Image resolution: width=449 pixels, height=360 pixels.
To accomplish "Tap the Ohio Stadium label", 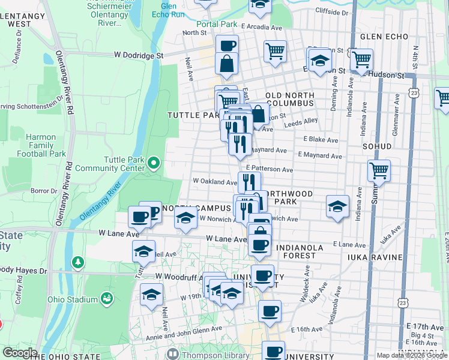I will coord(82,299).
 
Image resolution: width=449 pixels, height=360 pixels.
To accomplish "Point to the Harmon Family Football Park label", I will coord(46,145).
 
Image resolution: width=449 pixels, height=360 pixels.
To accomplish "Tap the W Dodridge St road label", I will coord(139,54).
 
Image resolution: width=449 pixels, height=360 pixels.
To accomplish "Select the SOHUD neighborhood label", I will coord(376,146).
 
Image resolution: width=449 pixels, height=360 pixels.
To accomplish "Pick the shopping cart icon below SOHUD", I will coord(379,171).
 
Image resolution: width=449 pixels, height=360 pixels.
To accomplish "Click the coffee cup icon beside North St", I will coord(227,45).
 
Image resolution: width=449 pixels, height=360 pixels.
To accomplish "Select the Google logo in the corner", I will coord(20,352).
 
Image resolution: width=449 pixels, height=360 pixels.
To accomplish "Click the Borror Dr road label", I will coord(44,191).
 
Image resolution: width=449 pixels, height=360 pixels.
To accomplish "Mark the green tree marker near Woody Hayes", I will coord(77,262).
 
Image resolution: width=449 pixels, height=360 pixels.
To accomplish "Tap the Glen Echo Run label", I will coord(164,10).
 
